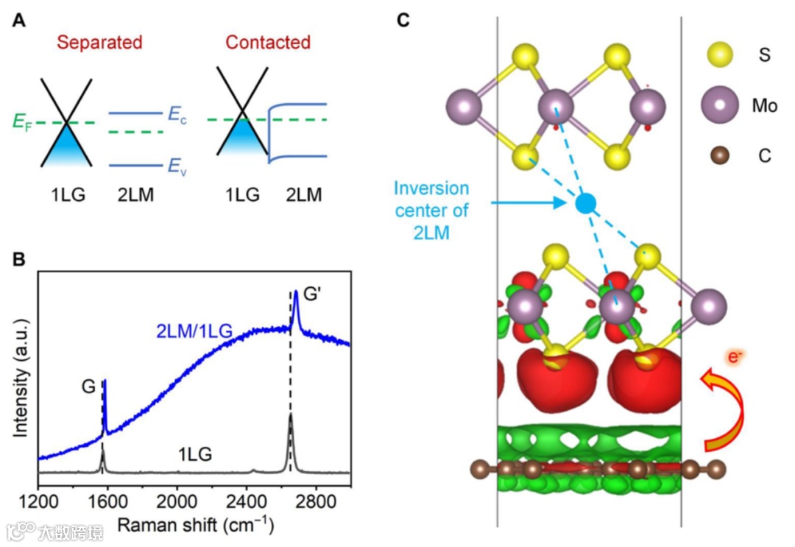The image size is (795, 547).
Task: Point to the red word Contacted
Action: point(268,43)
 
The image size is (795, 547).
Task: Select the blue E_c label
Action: point(177,114)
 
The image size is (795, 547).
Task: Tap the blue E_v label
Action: point(177,168)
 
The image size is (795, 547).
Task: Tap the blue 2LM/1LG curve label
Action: point(194,333)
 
